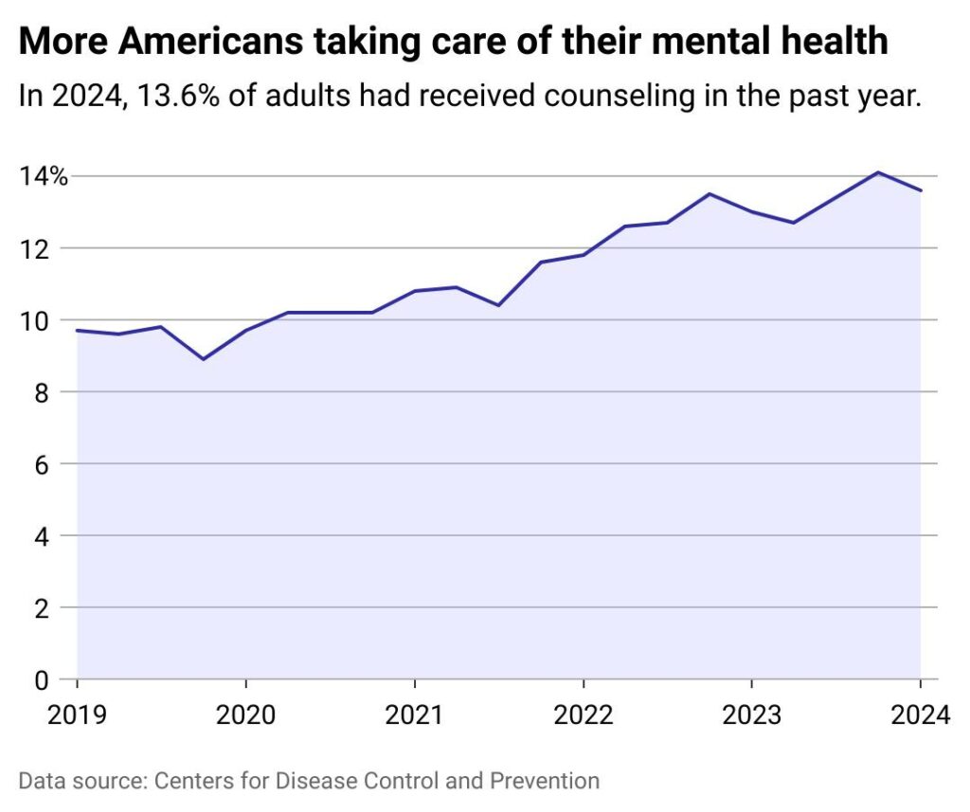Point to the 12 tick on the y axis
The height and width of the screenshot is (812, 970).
point(32,248)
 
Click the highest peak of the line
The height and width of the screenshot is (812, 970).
point(878,172)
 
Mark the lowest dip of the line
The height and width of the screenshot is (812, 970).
point(203,359)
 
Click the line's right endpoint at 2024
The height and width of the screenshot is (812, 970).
point(921,190)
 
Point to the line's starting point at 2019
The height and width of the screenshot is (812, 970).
point(77,331)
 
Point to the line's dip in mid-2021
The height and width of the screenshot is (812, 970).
point(498,305)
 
